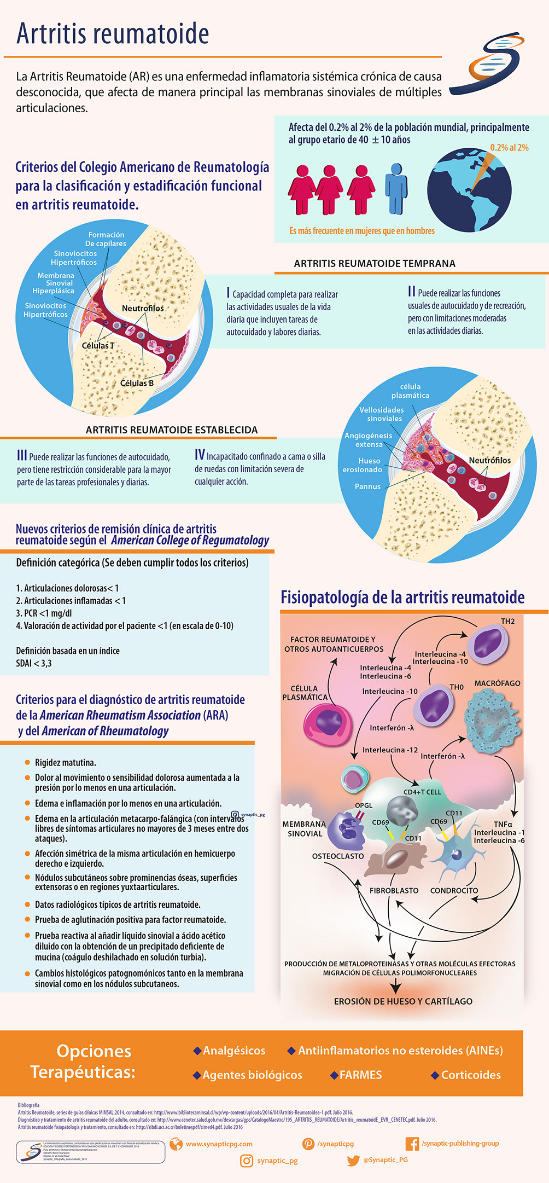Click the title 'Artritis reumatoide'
tap(113, 34)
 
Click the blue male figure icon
tap(396, 188)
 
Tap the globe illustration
tap(469, 189)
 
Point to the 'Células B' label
tap(137, 383)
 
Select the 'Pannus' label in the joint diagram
tap(367, 486)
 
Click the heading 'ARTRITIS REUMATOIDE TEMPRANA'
tap(375, 263)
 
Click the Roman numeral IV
tap(200, 455)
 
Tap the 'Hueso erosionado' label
tap(363, 465)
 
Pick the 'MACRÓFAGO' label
tap(497, 683)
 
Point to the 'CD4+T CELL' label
tap(422, 792)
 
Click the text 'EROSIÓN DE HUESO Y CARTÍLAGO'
tap(403, 1001)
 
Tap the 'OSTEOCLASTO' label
tap(338, 856)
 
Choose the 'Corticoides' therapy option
tap(471, 1075)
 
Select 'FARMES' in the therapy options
tap(360, 1075)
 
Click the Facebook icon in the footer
tap(412, 1144)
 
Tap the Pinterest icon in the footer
tap(308, 1144)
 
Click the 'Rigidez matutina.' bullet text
tap(66, 762)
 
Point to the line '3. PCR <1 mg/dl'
tap(44, 613)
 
